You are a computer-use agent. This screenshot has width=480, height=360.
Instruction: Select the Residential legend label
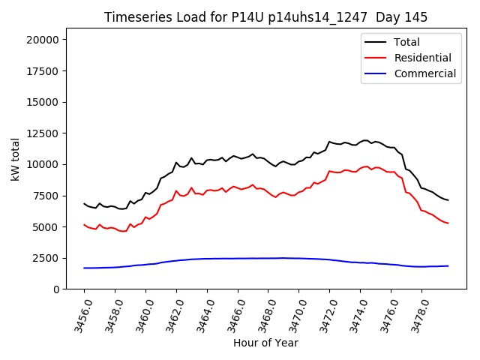[x=423, y=58]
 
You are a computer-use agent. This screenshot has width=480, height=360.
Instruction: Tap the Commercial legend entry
[x=425, y=73]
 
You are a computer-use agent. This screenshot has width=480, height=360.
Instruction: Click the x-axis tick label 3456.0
[x=78, y=313]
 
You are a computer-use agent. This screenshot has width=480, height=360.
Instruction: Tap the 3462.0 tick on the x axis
[x=170, y=313]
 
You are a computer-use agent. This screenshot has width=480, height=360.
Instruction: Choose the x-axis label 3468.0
[x=262, y=313]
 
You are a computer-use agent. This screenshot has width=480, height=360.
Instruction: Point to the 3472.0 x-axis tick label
[x=323, y=313]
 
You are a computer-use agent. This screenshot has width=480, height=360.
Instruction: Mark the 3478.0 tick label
[x=415, y=313]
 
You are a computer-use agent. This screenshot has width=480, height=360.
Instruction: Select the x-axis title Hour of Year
[x=265, y=343]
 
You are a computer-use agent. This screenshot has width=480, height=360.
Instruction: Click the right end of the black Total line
[x=448, y=200]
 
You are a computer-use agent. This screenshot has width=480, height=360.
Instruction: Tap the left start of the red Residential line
[x=84, y=224]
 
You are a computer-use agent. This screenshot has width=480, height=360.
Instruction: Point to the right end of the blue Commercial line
[x=448, y=265]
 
